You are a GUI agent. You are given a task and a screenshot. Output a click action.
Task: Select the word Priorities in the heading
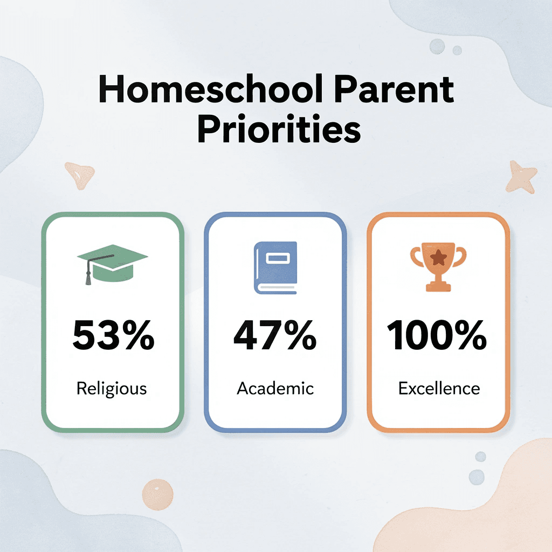(278, 130)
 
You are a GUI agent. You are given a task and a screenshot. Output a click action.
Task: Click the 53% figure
(113, 335)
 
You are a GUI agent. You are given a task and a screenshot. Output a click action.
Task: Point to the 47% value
(275, 335)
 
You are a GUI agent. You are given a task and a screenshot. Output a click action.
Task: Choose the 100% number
(437, 335)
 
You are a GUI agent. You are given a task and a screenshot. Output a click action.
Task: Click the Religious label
(112, 388)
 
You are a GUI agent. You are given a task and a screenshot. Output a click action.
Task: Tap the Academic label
(275, 388)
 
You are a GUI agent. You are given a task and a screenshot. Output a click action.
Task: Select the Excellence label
(439, 388)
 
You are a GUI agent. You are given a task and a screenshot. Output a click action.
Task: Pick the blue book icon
(275, 267)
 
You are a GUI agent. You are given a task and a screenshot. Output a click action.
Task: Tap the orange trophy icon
(438, 268)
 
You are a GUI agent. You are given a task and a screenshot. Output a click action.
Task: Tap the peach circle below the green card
(158, 493)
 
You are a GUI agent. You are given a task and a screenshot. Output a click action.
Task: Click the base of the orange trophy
(438, 286)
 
